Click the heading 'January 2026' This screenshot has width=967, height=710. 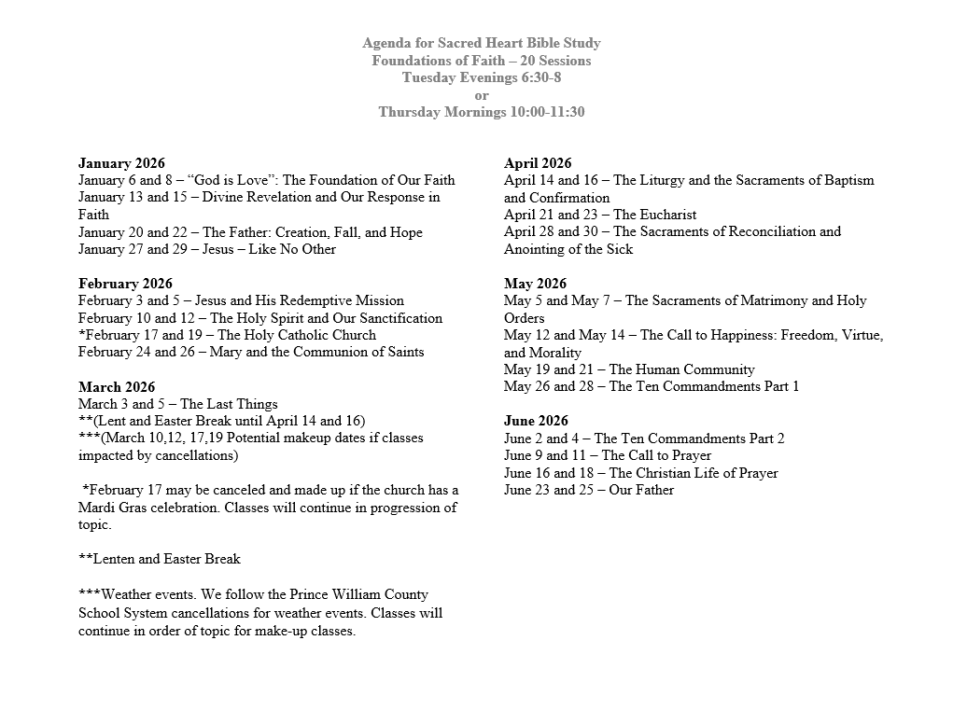(x=121, y=163)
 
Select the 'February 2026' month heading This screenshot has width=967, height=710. (x=125, y=284)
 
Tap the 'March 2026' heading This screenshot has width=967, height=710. (x=117, y=387)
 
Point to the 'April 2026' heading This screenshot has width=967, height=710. (x=538, y=163)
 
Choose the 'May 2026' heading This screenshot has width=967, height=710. (x=535, y=284)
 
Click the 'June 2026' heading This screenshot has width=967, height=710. (x=536, y=421)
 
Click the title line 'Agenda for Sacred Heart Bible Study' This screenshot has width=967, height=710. (x=482, y=43)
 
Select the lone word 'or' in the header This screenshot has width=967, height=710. (x=482, y=95)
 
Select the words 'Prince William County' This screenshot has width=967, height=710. (x=348, y=594)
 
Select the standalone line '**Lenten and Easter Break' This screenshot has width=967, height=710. (x=160, y=559)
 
